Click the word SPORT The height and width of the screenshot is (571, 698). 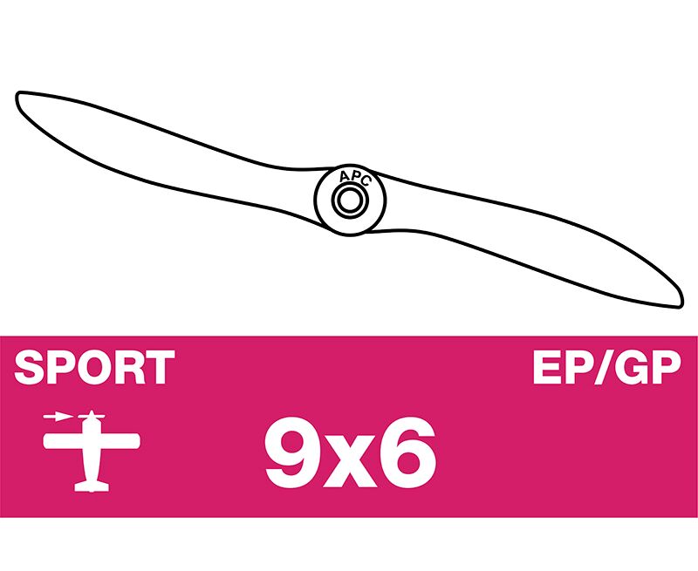[x=94, y=367]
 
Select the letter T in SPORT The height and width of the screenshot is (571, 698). [x=160, y=367]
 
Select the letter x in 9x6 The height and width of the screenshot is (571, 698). [x=351, y=460]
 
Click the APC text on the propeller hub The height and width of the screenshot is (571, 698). [x=354, y=178]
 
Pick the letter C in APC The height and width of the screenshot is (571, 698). [x=365, y=181]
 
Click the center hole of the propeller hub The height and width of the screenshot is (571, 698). [x=350, y=201]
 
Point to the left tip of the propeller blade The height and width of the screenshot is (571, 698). [x=18, y=95]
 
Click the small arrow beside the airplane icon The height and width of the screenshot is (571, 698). [x=58, y=417]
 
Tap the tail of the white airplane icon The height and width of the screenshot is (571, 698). [x=92, y=486]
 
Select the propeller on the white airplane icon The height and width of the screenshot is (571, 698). [x=92, y=416]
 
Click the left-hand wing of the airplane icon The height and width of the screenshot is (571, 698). [x=63, y=441]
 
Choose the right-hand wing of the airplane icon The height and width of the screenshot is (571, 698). [x=120, y=441]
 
